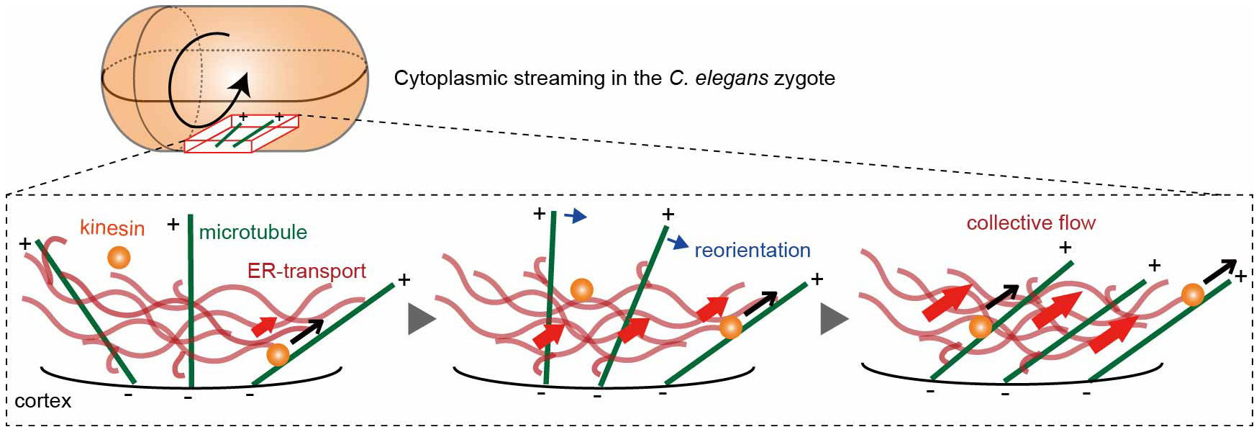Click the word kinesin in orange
pos(112,228)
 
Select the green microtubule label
pos(253,233)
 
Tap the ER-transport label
pos(306,271)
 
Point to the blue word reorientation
pos(752,251)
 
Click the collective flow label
pos(1030,223)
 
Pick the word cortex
pos(43,401)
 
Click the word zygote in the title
pos(804,78)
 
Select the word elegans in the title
pos(731,78)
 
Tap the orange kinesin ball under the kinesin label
pos(119,257)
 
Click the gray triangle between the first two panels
pos(421,319)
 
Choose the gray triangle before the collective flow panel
pos(834,319)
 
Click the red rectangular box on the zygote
pos(242,134)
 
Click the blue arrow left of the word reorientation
pos(678,243)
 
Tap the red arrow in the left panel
pos(264,326)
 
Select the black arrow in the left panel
pos(307,331)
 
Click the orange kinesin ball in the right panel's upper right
pos(1192,294)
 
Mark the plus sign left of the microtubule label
pos(173,225)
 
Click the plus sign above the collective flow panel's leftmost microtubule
pos(1065,248)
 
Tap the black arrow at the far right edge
pos(1220,270)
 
